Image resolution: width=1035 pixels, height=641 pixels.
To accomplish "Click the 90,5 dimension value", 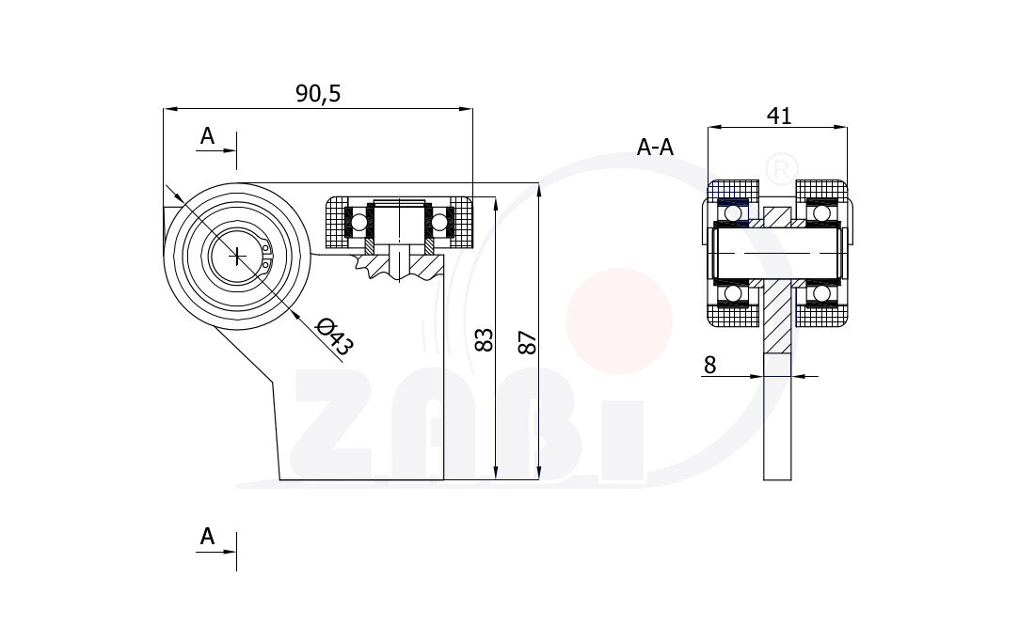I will (317, 93).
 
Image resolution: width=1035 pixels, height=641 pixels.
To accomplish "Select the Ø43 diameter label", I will (334, 336).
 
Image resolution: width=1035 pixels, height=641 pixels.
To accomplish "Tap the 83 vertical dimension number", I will (484, 339).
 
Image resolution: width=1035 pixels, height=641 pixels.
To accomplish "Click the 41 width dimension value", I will (779, 116).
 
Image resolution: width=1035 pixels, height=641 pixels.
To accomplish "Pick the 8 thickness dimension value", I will (709, 365).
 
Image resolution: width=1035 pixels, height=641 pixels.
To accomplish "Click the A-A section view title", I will (656, 147).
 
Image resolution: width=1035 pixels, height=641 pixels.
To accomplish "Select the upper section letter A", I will (207, 136).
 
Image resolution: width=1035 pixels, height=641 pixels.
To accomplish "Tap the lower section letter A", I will (207, 537).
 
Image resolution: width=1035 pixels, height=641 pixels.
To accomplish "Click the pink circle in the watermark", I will (619, 320).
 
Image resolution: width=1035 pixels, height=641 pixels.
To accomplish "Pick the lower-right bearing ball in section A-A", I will (821, 294).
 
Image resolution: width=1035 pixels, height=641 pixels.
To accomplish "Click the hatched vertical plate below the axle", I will (777, 320).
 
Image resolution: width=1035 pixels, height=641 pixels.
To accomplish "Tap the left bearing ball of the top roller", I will (359, 223).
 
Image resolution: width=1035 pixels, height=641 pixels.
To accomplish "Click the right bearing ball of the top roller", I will (439, 223).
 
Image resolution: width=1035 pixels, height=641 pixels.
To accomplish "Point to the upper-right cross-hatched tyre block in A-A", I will (821, 189).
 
